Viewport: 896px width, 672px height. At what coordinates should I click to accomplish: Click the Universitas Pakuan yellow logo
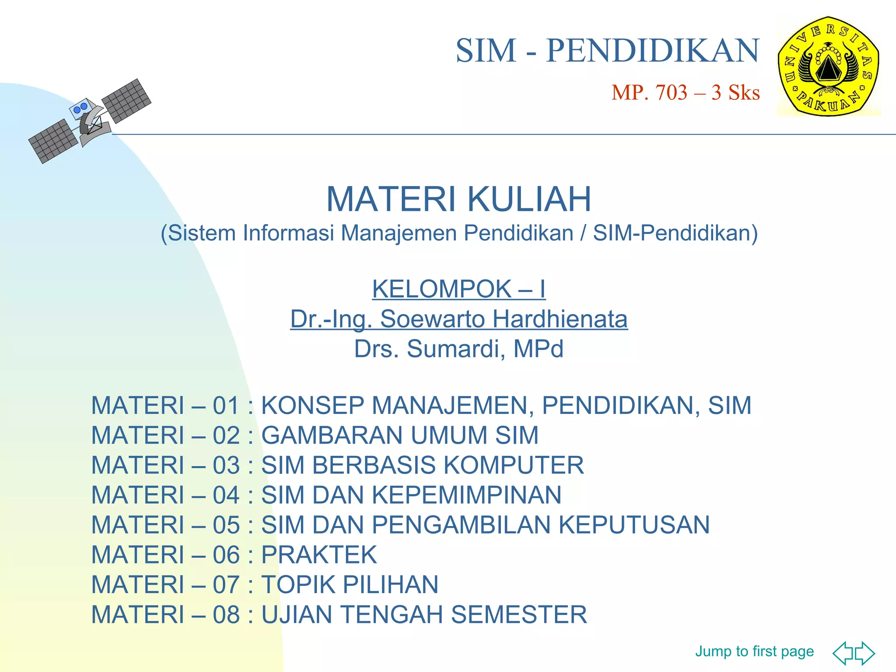(828, 66)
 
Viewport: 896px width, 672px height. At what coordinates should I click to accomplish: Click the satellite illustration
(90, 121)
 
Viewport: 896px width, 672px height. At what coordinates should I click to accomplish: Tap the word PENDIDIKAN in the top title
(652, 51)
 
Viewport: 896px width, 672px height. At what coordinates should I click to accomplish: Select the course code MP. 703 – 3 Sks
(685, 93)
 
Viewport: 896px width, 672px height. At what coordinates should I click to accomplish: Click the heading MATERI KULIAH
(458, 199)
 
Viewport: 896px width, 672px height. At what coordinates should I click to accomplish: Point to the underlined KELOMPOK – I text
(458, 289)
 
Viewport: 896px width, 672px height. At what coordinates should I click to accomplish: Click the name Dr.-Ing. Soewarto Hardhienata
(458, 319)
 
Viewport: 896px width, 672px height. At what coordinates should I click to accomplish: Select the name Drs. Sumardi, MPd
(458, 349)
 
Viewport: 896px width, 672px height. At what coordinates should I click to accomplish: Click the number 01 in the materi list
(226, 406)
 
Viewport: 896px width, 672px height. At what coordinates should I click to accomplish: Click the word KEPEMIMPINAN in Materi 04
(466, 495)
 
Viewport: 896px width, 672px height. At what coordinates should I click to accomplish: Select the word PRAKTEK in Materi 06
(318, 555)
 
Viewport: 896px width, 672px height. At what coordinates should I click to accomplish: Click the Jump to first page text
(754, 651)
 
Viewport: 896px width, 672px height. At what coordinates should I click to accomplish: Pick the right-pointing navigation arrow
(864, 653)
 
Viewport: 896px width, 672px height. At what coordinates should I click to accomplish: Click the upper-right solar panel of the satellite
(126, 101)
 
